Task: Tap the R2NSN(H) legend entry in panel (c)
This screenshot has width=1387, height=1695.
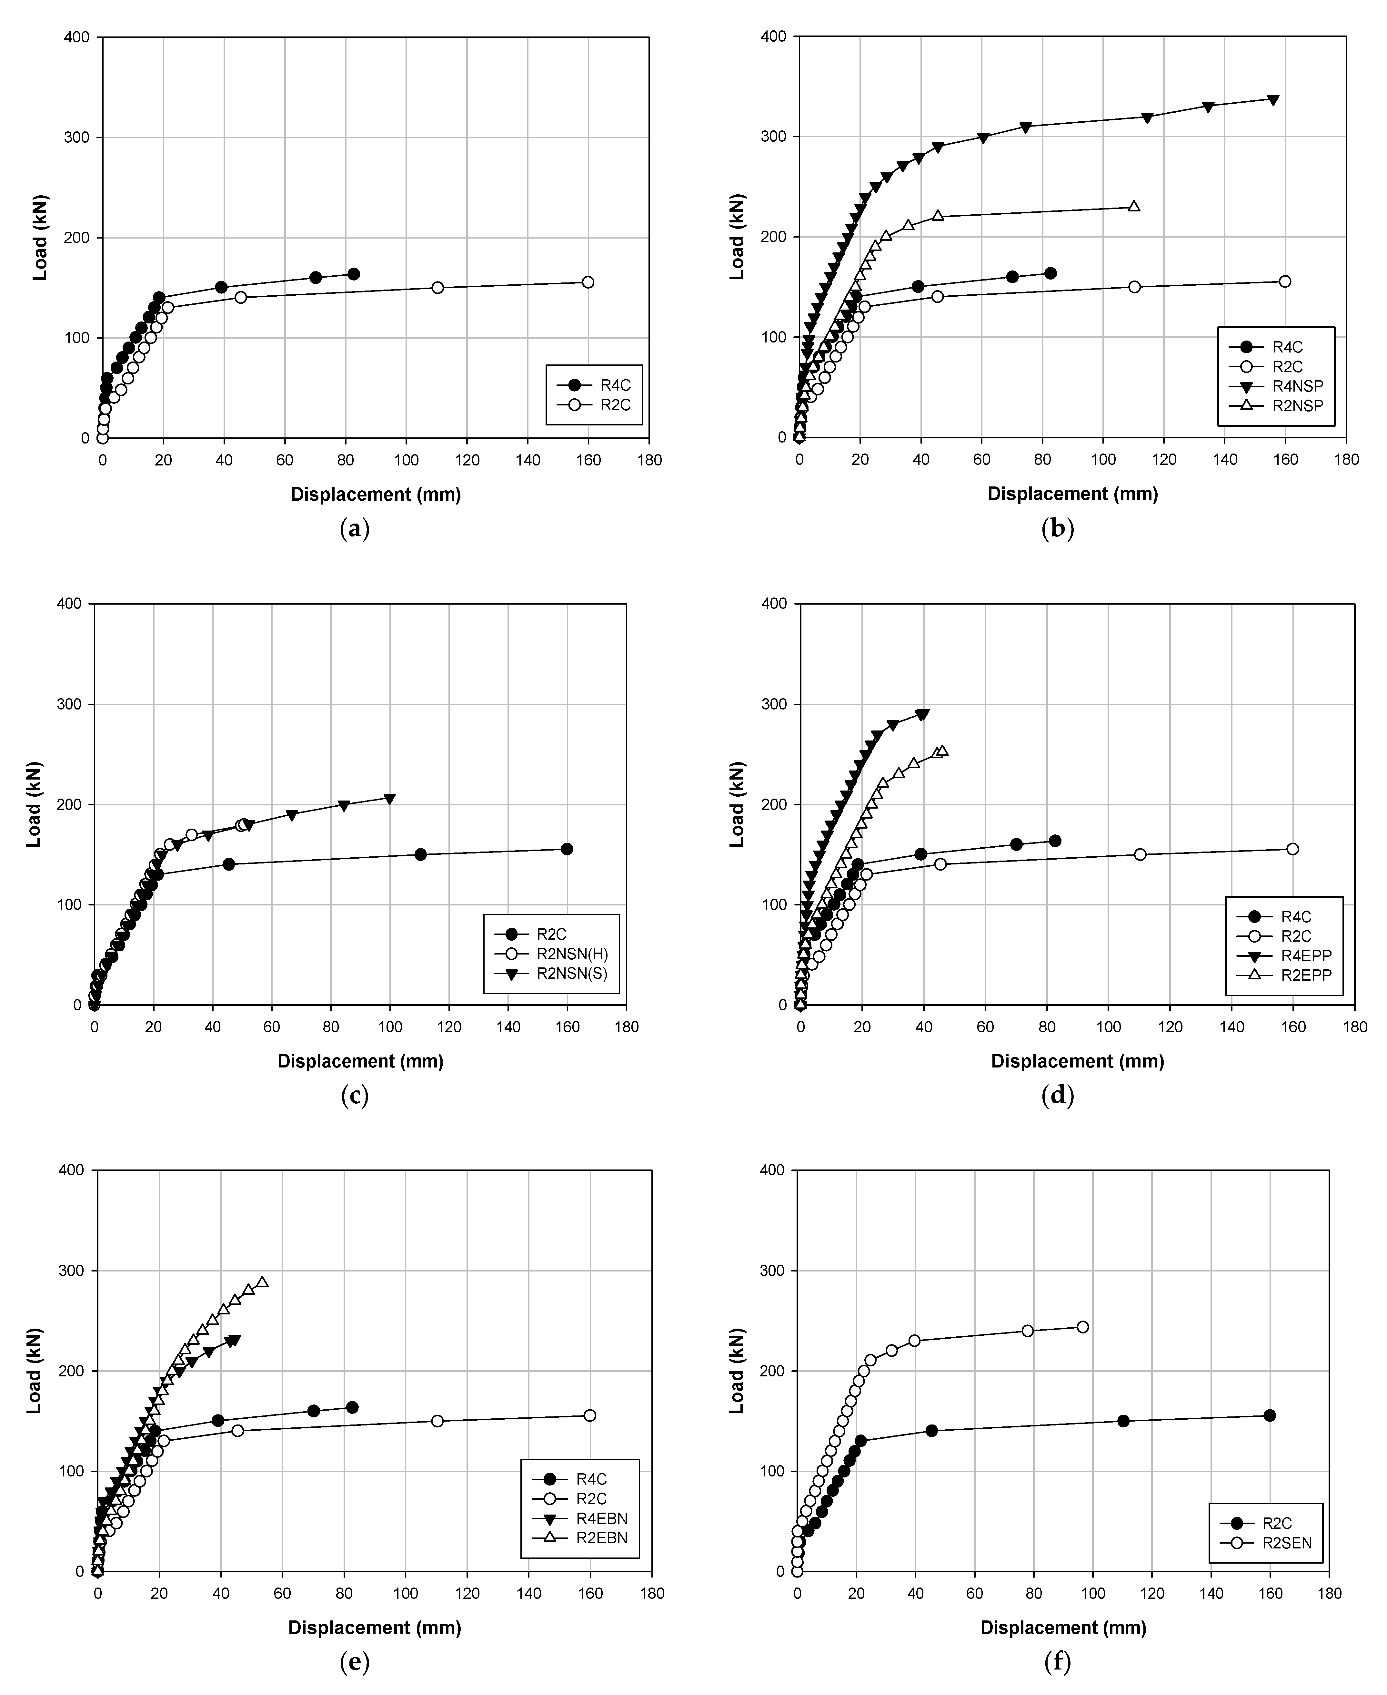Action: pyautogui.click(x=578, y=954)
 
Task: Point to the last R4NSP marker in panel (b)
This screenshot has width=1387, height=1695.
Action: pyautogui.click(x=1273, y=100)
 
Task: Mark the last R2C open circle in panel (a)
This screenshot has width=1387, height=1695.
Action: pyautogui.click(x=588, y=282)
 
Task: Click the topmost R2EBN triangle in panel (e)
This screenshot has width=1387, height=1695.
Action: pyautogui.click(x=262, y=1282)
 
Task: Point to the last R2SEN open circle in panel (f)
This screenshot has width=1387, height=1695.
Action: pyautogui.click(x=1082, y=1327)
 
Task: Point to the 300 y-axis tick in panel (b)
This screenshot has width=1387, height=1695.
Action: pyautogui.click(x=773, y=137)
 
